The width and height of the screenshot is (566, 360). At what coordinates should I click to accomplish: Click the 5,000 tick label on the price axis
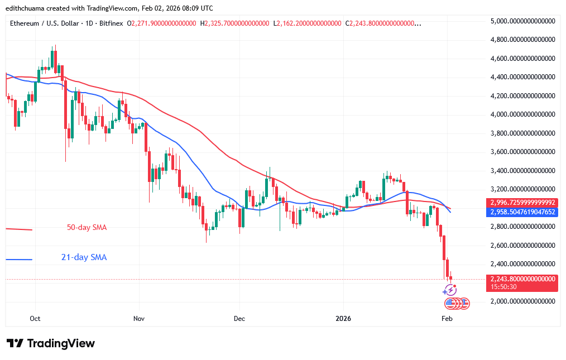pyautogui.click(x=522, y=21)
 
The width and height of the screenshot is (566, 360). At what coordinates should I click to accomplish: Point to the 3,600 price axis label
pyautogui.click(x=522, y=152)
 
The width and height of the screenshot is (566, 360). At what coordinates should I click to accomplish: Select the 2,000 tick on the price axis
pyautogui.click(x=522, y=301)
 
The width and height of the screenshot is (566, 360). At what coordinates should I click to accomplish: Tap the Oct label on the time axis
pyautogui.click(x=35, y=318)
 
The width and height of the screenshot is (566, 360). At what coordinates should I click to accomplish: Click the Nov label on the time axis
pyautogui.click(x=139, y=318)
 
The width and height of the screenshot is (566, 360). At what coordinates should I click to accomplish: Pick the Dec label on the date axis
pyautogui.click(x=239, y=318)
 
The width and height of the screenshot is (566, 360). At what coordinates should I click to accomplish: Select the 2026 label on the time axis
pyautogui.click(x=343, y=318)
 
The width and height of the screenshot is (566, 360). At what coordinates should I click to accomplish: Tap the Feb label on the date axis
pyautogui.click(x=447, y=318)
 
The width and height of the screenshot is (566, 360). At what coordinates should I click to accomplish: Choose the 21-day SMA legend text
pyautogui.click(x=84, y=257)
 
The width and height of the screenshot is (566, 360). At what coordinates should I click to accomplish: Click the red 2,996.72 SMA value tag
pyautogui.click(x=522, y=203)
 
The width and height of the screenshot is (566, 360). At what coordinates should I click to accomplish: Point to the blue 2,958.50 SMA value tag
pyautogui.click(x=522, y=212)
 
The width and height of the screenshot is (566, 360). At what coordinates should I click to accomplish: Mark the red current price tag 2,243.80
pyautogui.click(x=522, y=279)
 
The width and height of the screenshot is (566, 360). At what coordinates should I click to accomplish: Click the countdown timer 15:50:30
pyautogui.click(x=505, y=287)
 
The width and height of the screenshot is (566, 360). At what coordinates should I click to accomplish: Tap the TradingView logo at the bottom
pyautogui.click(x=51, y=343)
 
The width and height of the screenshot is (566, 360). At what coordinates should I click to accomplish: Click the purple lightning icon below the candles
pyautogui.click(x=450, y=290)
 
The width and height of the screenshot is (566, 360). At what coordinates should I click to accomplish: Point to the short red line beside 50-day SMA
pyautogui.click(x=19, y=229)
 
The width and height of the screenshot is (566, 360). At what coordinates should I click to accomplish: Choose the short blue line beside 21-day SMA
pyautogui.click(x=19, y=259)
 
